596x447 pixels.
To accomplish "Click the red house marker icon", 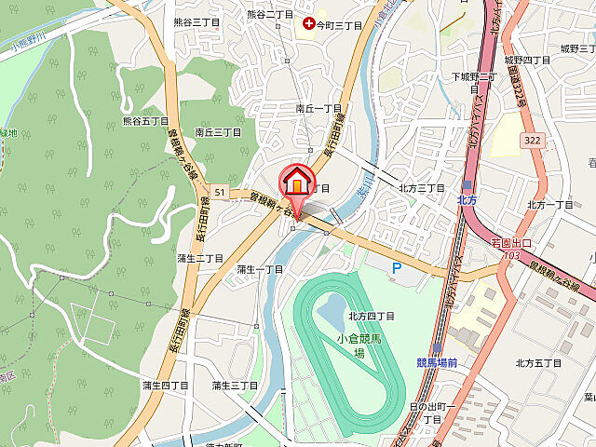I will tap(297, 179).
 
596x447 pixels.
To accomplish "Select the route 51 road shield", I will tap(220, 192).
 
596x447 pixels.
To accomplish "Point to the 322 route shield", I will tap(532, 139).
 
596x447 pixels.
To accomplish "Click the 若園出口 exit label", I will tap(511, 242).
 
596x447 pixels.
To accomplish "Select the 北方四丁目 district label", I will tap(372, 317).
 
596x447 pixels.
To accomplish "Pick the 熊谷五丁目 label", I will tap(146, 121).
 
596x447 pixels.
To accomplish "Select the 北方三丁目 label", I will tap(422, 187).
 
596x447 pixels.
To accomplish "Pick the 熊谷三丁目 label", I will tap(197, 21).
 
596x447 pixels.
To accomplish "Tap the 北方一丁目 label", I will tap(550, 205).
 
